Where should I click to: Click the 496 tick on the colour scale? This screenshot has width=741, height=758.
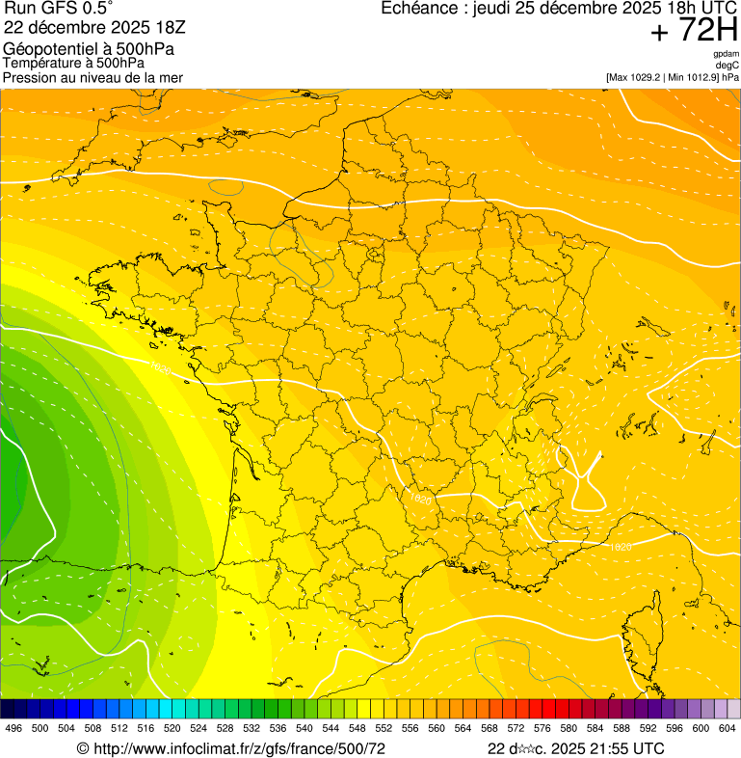click(x=13, y=728)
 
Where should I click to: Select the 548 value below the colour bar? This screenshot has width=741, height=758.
click(x=357, y=728)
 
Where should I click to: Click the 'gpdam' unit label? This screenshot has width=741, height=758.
click(x=727, y=54)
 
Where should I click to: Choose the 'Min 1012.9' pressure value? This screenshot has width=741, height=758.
click(x=694, y=76)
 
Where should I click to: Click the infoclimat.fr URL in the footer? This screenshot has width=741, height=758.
click(x=231, y=748)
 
